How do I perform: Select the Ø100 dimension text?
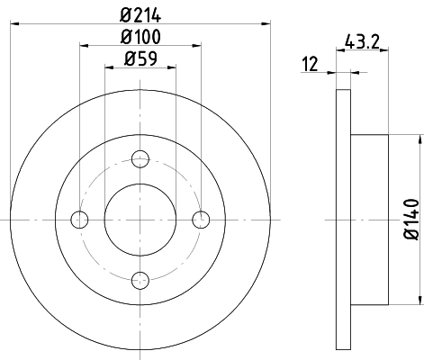[x=140, y=38]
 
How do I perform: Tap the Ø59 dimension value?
[x=140, y=62]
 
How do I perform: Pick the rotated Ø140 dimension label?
[x=411, y=219]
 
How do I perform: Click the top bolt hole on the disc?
[x=140, y=159]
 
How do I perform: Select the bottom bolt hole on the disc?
[x=140, y=279]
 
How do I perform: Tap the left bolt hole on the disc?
[x=79, y=219]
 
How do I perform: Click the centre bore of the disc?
[x=140, y=219]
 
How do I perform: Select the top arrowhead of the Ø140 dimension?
[x=419, y=139]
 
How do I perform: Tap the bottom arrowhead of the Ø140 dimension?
[x=419, y=299]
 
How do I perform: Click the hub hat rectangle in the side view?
[x=369, y=219]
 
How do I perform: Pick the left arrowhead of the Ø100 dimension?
[x=84, y=49]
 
